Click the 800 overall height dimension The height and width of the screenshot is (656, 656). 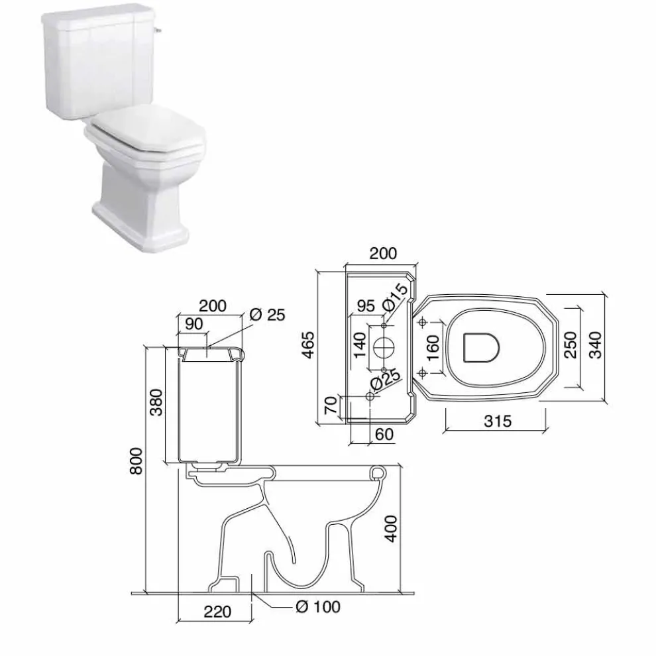pos(136,461)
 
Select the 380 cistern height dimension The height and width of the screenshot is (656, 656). pos(156,402)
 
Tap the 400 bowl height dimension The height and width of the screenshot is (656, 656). pos(391,529)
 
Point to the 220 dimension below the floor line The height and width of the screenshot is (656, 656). pos(217,612)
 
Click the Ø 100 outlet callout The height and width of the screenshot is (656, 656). pos(318,606)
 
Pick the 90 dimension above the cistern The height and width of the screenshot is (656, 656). pos(193,324)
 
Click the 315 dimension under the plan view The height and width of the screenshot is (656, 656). pos(498,421)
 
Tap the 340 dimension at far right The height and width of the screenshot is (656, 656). pos(595,345)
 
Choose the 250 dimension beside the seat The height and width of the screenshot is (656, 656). pos(571,345)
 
